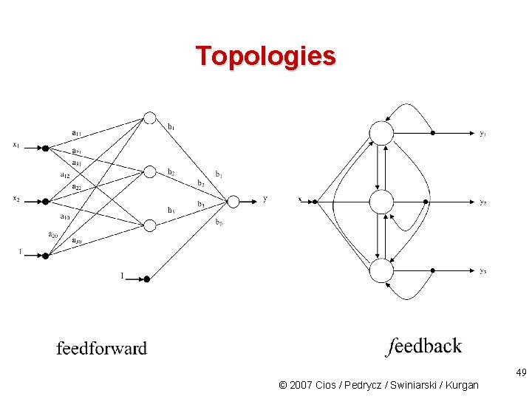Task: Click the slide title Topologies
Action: click(x=265, y=55)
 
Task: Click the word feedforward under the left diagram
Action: click(x=101, y=348)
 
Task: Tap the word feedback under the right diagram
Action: click(x=424, y=347)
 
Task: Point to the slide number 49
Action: click(x=521, y=373)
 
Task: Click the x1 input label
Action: click(x=16, y=145)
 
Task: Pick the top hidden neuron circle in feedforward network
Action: click(x=150, y=117)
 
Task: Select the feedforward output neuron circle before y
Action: click(x=233, y=201)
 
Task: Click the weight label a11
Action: click(x=76, y=133)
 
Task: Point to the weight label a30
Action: click(x=76, y=240)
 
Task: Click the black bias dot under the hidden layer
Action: click(x=146, y=279)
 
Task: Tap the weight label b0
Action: click(x=219, y=222)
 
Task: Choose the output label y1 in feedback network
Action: click(x=482, y=134)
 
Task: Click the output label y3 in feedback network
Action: click(x=482, y=271)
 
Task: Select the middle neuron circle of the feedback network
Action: click(x=381, y=202)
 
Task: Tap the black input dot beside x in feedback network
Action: click(x=315, y=201)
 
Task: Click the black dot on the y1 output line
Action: click(x=433, y=133)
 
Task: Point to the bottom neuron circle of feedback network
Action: click(x=381, y=270)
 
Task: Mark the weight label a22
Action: click(x=76, y=186)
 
